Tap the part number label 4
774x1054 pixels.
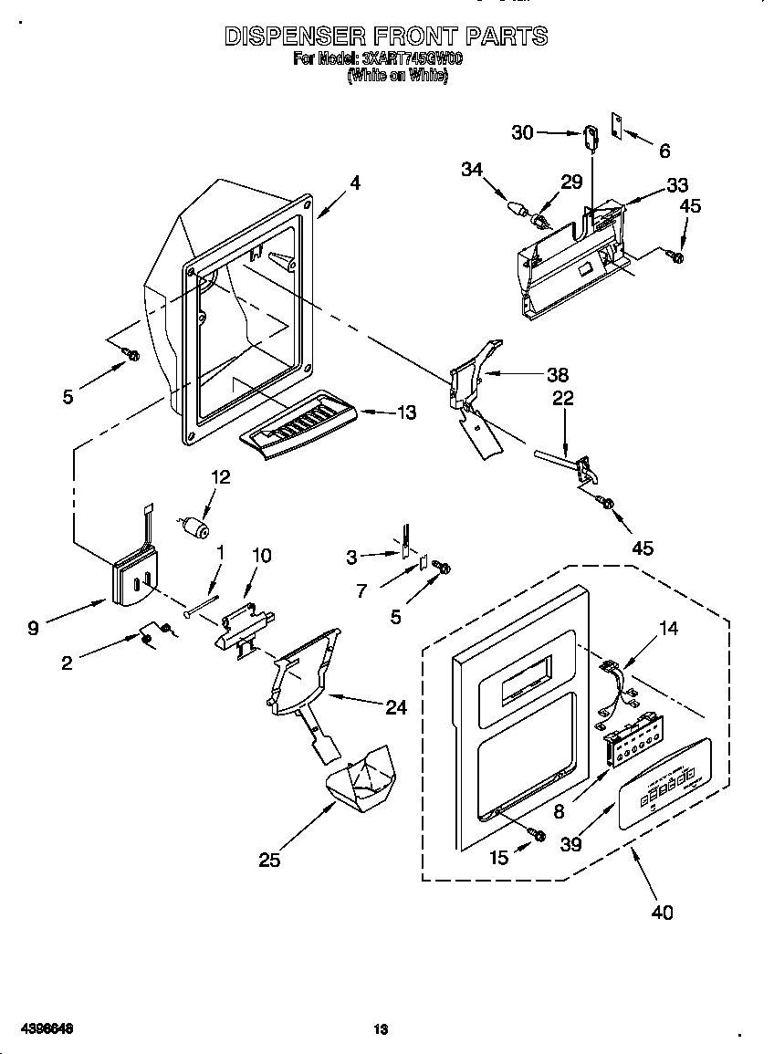click(355, 183)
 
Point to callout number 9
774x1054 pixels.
click(33, 628)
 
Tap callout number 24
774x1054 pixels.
click(395, 706)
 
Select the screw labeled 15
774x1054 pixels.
click(538, 834)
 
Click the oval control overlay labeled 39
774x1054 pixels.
click(664, 784)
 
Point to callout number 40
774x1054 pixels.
click(663, 911)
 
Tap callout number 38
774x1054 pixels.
click(557, 374)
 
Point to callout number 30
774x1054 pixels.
click(522, 132)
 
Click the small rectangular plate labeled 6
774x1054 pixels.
click(617, 127)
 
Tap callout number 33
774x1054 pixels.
click(677, 185)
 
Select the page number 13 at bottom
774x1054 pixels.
click(381, 1029)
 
